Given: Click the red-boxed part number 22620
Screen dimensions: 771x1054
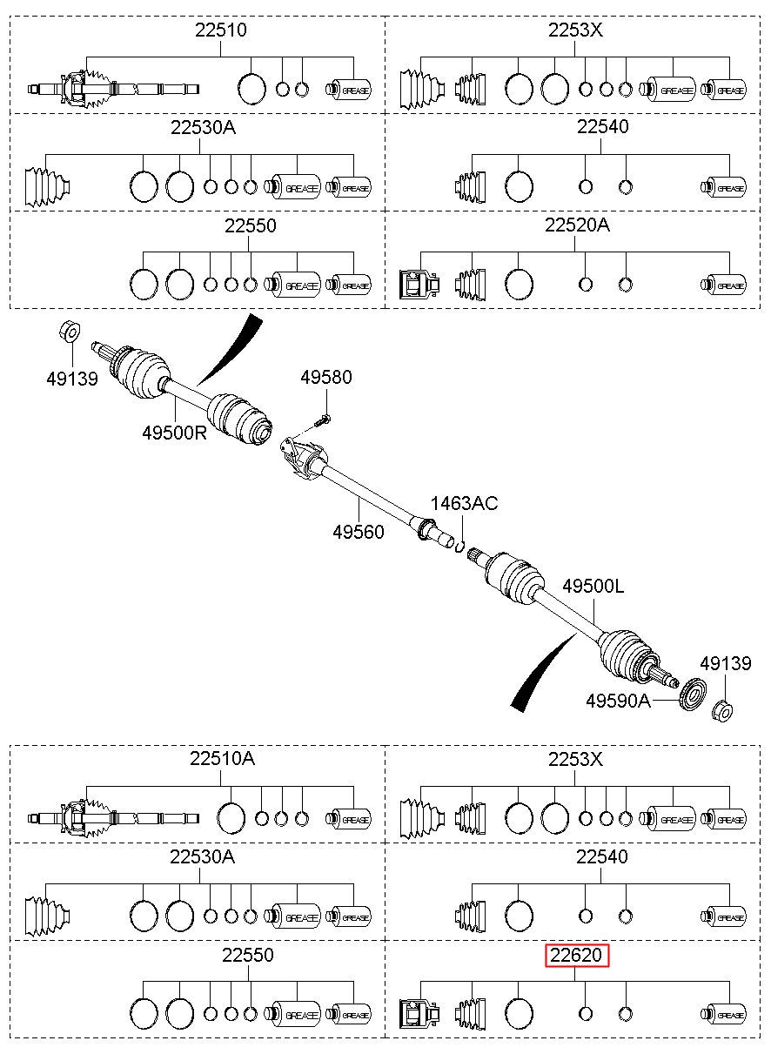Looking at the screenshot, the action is [x=576, y=955].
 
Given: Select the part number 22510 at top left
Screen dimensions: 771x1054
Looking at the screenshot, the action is [x=221, y=30].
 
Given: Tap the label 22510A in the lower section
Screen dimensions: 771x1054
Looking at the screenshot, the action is [x=222, y=758].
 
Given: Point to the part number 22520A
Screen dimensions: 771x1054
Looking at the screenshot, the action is [x=577, y=225].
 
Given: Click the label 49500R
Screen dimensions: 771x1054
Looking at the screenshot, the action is [x=175, y=433].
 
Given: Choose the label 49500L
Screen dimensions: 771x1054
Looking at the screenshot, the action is [x=593, y=587].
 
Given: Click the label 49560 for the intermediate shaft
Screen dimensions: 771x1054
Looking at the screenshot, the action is [x=359, y=532].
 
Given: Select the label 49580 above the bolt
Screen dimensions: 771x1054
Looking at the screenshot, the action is [x=326, y=377].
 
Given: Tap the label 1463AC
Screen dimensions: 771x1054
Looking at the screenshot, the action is [x=465, y=503].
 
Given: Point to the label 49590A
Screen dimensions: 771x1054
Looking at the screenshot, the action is [x=618, y=702].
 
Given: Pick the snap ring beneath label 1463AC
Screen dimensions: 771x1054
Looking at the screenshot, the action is [x=460, y=547].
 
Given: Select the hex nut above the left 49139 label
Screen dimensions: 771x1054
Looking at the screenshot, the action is [x=70, y=332].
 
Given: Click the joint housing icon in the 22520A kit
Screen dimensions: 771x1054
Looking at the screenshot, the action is [x=419, y=285].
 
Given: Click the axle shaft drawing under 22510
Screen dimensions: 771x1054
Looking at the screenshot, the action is [x=113, y=89].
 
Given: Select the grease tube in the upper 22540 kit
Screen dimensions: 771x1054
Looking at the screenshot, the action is [x=723, y=188].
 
